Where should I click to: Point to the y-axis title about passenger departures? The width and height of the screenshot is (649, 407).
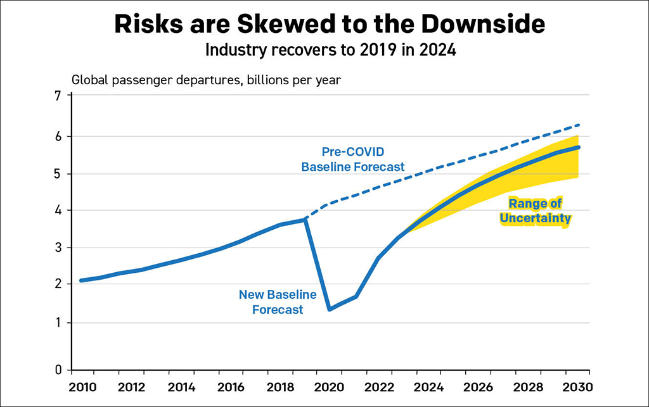(207, 80)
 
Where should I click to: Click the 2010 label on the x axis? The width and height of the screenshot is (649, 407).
(82, 387)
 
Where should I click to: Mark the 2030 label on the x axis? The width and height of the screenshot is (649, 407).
(577, 387)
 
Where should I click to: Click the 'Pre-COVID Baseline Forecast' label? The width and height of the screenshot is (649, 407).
(353, 160)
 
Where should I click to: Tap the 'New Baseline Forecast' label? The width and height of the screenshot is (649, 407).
(278, 302)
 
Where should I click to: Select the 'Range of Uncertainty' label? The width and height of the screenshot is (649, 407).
(536, 211)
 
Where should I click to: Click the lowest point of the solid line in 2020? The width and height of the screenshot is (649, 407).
(330, 309)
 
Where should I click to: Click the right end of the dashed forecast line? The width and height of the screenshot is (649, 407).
(579, 125)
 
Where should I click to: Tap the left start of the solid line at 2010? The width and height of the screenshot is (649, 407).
(81, 280)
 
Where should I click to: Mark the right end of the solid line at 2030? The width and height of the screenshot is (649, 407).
(578, 147)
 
